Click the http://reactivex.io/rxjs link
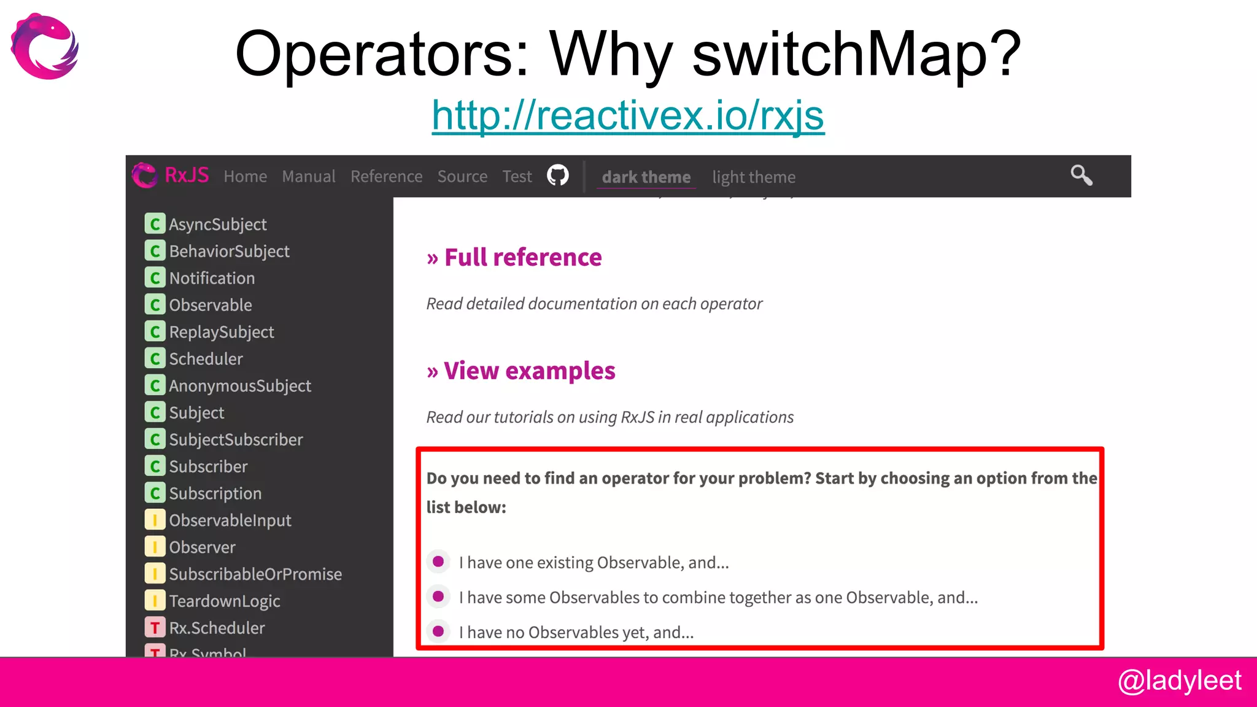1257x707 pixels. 628,115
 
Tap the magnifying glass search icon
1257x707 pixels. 1081,176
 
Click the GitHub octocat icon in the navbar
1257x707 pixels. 557,176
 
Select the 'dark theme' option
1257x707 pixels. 646,177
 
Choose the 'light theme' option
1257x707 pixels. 753,177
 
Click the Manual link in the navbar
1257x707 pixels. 308,177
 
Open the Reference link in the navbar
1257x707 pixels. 386,177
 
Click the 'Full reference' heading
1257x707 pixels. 522,258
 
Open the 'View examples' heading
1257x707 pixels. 529,371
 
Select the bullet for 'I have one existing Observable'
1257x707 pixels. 438,562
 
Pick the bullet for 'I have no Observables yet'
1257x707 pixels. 438,631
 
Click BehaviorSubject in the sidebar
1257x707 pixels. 229,252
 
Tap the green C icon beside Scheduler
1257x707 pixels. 155,358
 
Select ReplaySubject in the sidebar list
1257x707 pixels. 221,332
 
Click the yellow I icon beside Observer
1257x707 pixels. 155,547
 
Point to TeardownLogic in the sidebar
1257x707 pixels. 224,601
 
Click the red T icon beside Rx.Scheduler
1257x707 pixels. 155,628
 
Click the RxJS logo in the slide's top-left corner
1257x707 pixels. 45,47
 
